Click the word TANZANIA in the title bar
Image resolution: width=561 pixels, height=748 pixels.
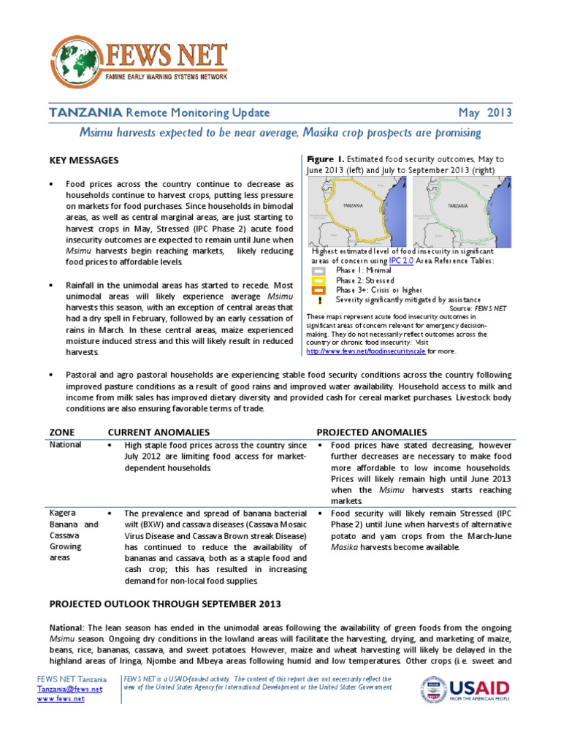85,113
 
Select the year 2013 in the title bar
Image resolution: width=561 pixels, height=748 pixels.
497,113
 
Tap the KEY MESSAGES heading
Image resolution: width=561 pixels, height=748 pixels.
83,160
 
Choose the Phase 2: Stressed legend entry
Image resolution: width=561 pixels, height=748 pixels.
365,280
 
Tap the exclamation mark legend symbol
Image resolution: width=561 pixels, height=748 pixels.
319,299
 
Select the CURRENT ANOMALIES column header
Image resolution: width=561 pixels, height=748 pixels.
159,432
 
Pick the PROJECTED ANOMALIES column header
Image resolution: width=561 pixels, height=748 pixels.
372,432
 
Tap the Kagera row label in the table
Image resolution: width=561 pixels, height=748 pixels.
64,513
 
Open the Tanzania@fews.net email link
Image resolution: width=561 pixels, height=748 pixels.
69,689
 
